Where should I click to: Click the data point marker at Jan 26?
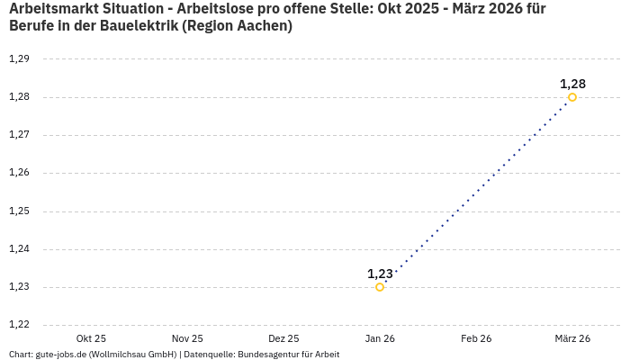click(x=380, y=287)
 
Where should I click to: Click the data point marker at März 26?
click(x=572, y=97)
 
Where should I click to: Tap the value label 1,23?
click(x=380, y=274)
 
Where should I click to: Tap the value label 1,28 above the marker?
click(x=572, y=84)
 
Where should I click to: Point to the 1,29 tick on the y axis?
click(x=19, y=59)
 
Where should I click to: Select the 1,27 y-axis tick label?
click(x=19, y=135)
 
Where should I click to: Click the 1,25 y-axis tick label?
click(x=19, y=211)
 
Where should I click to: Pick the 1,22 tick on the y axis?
click(x=19, y=325)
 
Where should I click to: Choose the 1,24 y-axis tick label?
click(x=19, y=249)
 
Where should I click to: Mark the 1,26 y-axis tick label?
click(x=19, y=173)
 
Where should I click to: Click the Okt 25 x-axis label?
click(x=91, y=338)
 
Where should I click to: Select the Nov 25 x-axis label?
click(x=187, y=338)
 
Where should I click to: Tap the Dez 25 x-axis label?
click(x=283, y=338)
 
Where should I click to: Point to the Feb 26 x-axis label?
click(x=476, y=338)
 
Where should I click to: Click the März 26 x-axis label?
click(x=572, y=338)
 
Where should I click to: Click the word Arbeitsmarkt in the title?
click(x=52, y=9)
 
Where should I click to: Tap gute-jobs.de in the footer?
click(x=64, y=355)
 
